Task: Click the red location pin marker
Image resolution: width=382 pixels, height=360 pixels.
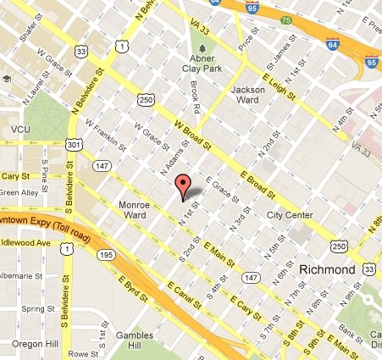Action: (x=181, y=186)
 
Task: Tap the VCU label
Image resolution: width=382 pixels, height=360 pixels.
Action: (x=20, y=129)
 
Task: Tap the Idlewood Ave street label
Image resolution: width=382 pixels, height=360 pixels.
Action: (x=36, y=246)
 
